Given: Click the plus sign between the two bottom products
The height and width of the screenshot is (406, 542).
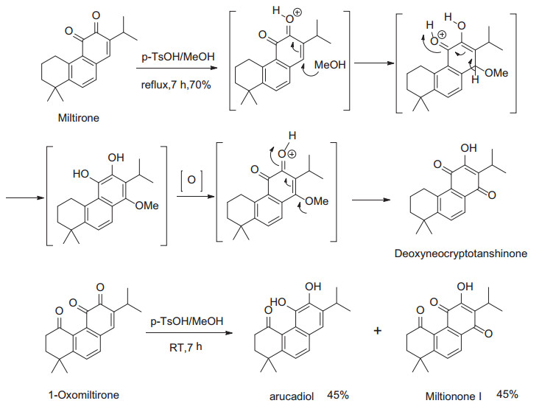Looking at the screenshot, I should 378,331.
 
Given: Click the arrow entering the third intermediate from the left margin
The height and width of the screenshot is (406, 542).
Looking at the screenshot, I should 21,197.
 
